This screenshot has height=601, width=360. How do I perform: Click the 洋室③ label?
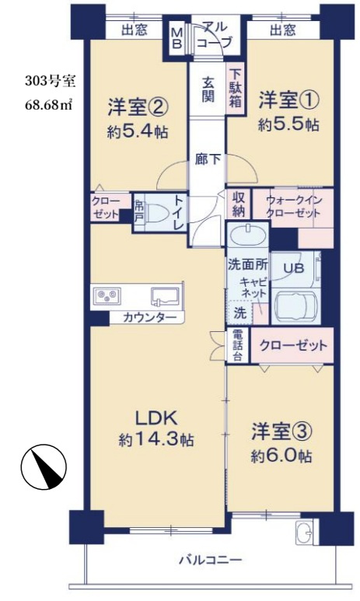coord(281,431)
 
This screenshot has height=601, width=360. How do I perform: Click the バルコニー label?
coord(210,559)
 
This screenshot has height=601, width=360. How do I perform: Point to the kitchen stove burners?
coord(107,296)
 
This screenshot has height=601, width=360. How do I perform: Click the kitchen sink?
coord(166,296)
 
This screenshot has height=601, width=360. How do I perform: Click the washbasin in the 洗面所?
coord(247,235)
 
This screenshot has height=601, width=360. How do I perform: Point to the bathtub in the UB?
coord(295,302)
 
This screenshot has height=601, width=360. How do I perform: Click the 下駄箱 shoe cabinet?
coord(233,88)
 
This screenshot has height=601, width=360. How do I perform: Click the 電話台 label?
coord(237,346)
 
